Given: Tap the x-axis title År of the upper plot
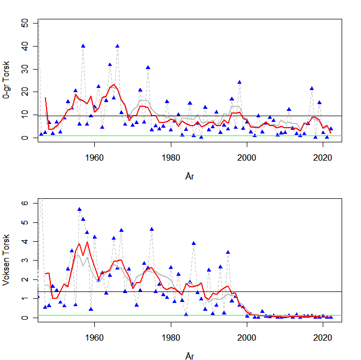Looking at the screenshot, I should pyautogui.click(x=190, y=176).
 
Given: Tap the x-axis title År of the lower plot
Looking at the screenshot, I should pyautogui.click(x=190, y=356).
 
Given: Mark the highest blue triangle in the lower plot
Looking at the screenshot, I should pyautogui.click(x=79, y=209).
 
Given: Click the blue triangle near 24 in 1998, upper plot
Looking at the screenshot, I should pyautogui.click(x=239, y=82).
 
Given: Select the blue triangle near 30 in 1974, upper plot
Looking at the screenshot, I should pyautogui.click(x=148, y=67).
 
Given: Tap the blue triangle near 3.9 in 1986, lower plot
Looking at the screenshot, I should pyautogui.click(x=194, y=243).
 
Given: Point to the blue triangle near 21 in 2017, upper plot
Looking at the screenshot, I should pyautogui.click(x=312, y=88).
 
